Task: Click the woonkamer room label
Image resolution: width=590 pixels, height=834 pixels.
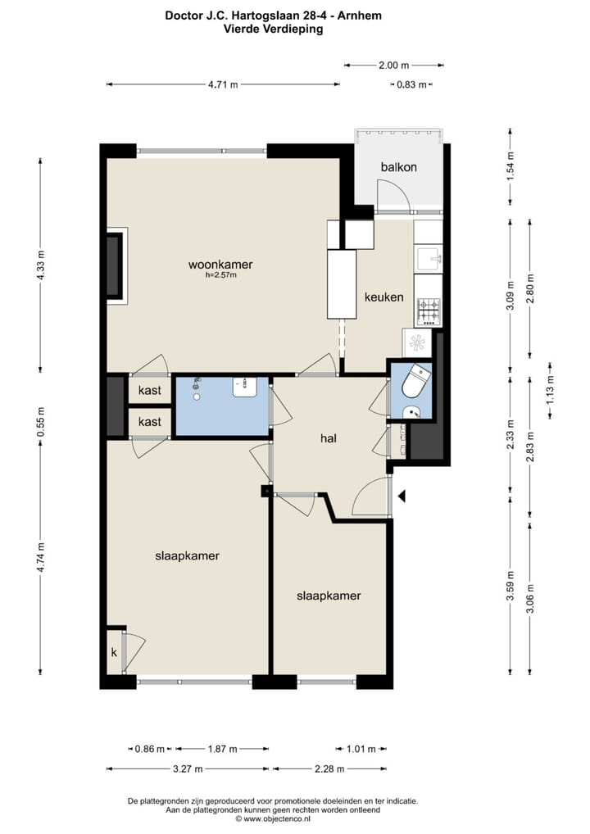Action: click(220, 265)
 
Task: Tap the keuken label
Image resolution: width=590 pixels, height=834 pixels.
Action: click(383, 297)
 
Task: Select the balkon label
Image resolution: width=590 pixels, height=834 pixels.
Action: click(398, 167)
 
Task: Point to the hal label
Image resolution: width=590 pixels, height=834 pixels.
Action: click(329, 438)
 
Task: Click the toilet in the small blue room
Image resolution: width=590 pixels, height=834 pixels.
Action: click(415, 380)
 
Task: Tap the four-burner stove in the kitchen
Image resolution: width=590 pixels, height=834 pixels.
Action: click(429, 311)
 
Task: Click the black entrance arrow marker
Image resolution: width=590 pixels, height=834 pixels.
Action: click(402, 496)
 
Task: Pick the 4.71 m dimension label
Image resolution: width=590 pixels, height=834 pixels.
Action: click(223, 84)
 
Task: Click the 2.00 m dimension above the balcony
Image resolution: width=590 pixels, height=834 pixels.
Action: click(393, 65)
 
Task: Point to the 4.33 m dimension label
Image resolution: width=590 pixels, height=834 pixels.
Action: click(41, 265)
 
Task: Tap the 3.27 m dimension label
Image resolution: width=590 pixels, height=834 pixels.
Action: click(188, 768)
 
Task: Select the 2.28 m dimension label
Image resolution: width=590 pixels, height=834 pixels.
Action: click(329, 768)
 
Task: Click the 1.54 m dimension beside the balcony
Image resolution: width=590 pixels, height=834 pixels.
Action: click(511, 166)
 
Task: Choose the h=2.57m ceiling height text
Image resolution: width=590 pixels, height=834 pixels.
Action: click(220, 275)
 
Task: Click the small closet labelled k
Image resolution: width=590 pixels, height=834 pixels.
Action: click(114, 652)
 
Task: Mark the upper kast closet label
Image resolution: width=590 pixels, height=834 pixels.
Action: click(149, 391)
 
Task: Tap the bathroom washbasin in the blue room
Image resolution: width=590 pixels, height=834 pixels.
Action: click(245, 388)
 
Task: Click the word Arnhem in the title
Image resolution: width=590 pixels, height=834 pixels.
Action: click(363, 16)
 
